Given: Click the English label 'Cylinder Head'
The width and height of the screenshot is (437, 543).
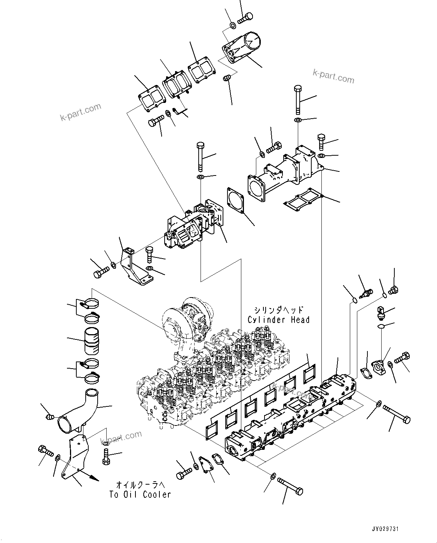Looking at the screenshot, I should [278, 320].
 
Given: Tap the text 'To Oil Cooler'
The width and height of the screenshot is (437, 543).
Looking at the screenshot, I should [140, 494].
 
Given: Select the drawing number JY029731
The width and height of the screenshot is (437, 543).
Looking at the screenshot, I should [385, 529].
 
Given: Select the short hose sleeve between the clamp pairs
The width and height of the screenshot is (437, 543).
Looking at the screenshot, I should [91, 341].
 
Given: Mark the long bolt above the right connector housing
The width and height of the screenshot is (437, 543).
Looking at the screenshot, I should [298, 99].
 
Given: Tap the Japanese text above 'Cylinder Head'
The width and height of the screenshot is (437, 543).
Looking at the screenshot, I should [278, 310].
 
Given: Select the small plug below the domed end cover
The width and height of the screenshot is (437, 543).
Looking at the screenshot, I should [227, 78].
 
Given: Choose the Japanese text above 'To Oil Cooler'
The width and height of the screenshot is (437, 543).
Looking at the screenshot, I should [140, 485].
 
